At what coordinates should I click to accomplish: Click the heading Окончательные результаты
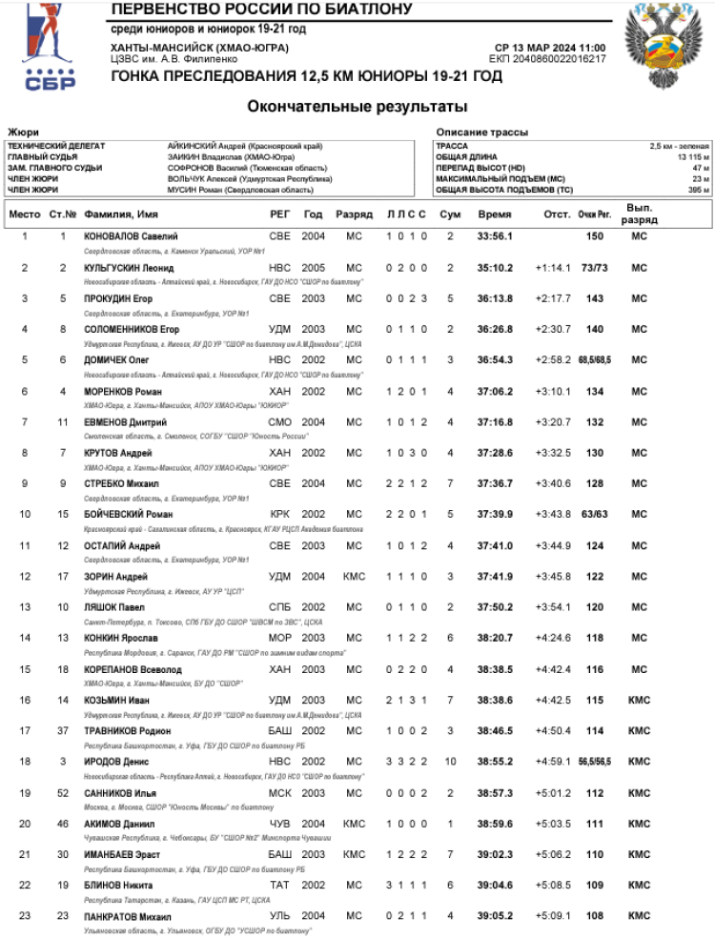point(357,106)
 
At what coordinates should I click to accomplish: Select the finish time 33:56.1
point(495,235)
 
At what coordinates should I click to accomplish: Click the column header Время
point(495,214)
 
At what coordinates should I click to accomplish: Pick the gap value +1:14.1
point(553,268)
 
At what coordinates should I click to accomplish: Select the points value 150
point(595,235)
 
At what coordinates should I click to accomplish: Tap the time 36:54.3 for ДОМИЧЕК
point(495,359)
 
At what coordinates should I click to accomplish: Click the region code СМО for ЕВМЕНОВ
point(280,421)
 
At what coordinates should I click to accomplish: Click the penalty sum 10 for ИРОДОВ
point(450,762)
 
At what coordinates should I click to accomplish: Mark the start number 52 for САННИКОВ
point(63,793)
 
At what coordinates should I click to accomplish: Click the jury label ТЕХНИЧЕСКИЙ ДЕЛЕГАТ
point(56,146)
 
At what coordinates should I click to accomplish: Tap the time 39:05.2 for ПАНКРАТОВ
point(495,917)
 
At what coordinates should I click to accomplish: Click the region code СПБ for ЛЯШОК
point(280,607)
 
